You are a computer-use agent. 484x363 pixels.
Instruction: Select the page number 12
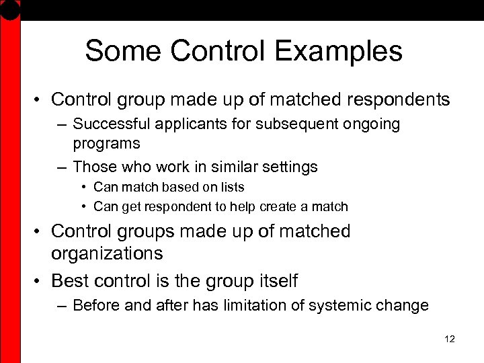(450, 339)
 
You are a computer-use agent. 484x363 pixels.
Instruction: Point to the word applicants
(173, 124)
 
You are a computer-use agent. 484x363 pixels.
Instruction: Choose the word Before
(95, 306)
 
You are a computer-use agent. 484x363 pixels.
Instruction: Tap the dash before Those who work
(62, 165)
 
